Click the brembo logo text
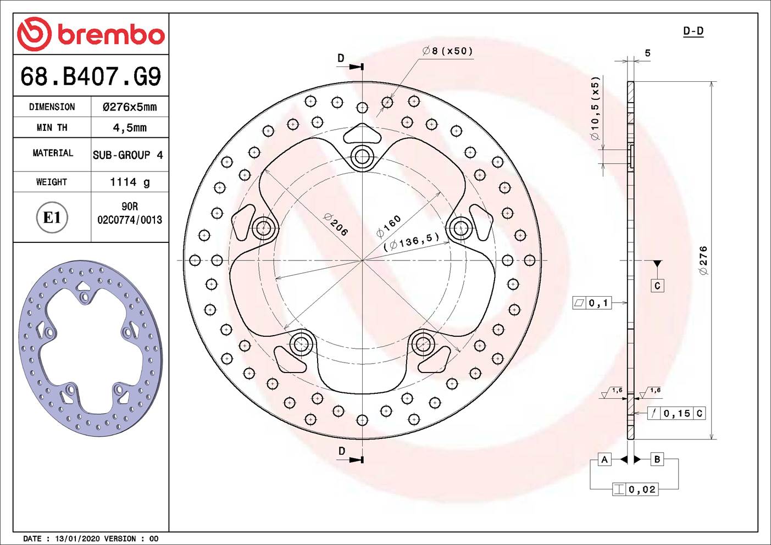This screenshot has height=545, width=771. click(110, 35)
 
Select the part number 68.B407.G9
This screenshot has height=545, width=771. click(91, 76)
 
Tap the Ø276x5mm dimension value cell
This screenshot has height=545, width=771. click(130, 107)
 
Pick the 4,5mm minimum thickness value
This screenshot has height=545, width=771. click(130, 127)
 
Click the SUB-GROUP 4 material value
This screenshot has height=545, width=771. click(128, 155)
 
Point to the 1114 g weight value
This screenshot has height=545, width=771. click(130, 182)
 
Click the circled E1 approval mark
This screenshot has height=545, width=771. click(52, 218)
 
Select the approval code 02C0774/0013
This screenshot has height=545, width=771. click(130, 220)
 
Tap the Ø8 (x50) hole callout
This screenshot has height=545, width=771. click(447, 51)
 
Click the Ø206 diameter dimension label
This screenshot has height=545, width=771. click(335, 225)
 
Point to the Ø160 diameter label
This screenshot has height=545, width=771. click(389, 226)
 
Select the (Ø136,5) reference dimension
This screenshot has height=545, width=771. click(412, 242)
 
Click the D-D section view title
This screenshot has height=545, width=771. click(693, 31)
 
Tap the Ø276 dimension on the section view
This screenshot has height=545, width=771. click(703, 260)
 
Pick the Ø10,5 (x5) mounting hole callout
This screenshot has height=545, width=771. click(595, 108)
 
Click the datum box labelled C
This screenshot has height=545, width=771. click(657, 286)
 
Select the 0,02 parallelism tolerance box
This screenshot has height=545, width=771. click(641, 490)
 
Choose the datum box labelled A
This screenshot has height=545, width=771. click(604, 459)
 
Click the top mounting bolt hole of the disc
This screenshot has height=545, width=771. click(362, 157)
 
